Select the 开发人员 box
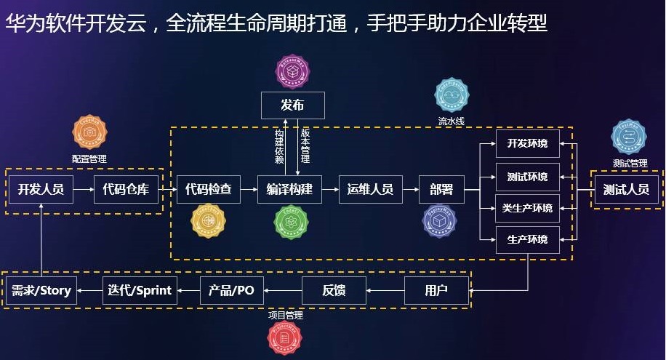(41, 190)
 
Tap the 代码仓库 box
(127, 190)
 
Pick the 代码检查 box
(209, 190)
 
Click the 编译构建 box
(289, 190)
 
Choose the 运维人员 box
(371, 190)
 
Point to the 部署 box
(441, 190)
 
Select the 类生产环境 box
(527, 209)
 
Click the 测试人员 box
(627, 190)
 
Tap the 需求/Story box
(41, 291)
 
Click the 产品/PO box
(232, 291)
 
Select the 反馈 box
(334, 291)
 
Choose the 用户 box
(436, 291)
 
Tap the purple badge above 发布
(293, 71)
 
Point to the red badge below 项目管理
(286, 338)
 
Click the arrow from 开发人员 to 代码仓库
(84, 190)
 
